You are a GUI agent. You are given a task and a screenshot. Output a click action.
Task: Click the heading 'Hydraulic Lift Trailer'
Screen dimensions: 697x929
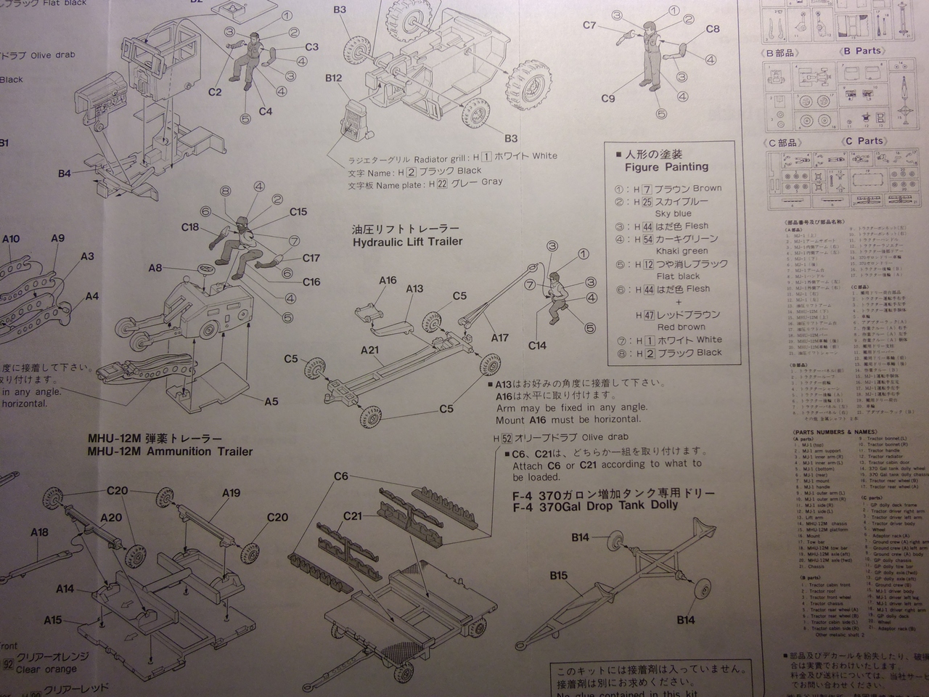click(x=407, y=242)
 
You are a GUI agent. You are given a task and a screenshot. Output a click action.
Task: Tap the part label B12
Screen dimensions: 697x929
click(x=334, y=78)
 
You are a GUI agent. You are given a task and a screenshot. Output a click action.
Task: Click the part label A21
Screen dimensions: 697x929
click(x=370, y=350)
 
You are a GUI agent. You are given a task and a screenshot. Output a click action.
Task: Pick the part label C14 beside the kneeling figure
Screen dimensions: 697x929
click(x=537, y=346)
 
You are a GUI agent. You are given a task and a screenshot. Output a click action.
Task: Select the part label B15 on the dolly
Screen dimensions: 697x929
click(x=558, y=575)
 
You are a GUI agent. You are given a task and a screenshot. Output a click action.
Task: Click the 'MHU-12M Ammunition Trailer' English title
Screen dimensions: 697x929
click(x=170, y=452)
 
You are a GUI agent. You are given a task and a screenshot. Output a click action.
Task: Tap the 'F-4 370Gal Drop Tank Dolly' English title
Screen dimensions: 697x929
click(x=595, y=506)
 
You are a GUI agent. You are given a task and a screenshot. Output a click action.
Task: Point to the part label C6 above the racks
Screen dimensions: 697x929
click(x=341, y=476)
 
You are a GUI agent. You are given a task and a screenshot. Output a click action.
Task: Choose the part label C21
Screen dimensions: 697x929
click(x=353, y=515)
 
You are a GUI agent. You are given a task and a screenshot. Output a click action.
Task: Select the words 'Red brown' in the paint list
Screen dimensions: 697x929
click(x=681, y=327)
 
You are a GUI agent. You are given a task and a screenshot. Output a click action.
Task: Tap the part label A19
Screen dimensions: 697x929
click(x=231, y=493)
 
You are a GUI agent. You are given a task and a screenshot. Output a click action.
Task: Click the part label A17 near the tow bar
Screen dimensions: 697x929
click(x=499, y=338)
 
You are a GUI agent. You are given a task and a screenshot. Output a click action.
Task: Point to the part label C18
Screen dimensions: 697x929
click(x=190, y=227)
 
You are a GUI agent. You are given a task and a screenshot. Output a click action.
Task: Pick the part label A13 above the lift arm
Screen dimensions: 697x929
click(x=414, y=288)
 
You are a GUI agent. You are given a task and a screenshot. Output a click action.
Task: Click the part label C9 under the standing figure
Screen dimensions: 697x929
click(x=608, y=99)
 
